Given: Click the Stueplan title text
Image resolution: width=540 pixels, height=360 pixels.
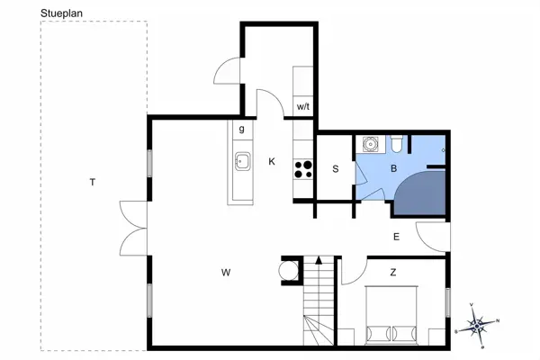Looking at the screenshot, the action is point(61,13).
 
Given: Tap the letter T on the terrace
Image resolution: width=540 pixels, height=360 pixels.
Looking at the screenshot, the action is point(93,182).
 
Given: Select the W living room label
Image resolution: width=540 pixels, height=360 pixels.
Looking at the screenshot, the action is point(226,273).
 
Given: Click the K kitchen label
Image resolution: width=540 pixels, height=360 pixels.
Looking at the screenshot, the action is point(272,161).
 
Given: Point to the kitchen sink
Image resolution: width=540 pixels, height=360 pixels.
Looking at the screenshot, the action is point(243,161).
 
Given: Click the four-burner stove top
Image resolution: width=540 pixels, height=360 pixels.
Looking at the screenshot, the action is point(303,169).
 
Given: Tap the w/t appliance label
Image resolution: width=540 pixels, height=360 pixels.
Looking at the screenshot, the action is point(303,107).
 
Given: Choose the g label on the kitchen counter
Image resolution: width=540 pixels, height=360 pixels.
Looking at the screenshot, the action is point(242,130).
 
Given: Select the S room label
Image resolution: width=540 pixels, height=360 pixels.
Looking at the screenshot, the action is point(336,169).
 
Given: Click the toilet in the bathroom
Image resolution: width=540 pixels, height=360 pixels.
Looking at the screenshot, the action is point(396,144).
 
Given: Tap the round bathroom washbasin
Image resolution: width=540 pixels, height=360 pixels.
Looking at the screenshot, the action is point(371,144).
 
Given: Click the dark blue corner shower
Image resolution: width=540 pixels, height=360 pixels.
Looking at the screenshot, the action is point(420,193).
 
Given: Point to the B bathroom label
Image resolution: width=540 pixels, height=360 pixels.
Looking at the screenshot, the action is point(393,168).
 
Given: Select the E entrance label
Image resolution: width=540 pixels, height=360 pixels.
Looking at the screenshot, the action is point(396,237).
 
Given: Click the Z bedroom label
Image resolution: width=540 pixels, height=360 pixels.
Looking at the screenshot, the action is point(393,273).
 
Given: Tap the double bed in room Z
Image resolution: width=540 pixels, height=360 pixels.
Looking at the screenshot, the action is point(391,315).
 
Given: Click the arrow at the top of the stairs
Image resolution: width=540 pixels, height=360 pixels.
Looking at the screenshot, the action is point(319,260).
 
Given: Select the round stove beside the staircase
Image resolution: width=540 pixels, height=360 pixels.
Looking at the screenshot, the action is point(289,270).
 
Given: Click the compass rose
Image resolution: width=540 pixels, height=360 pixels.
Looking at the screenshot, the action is point(477,326).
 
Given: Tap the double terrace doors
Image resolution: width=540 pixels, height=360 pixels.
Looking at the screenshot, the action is point(133,229).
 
